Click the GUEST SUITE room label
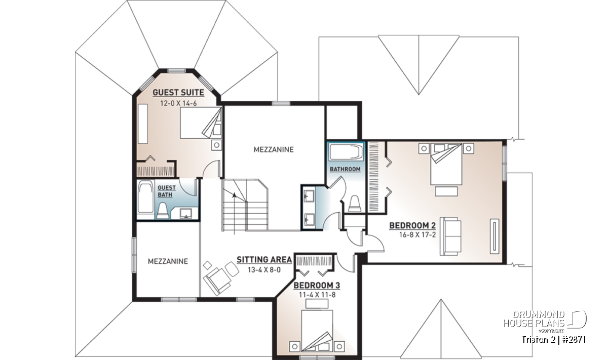[178, 93]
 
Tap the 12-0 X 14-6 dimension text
[178, 103]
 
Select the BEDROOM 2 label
[412, 225]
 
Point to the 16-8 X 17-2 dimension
[417, 235]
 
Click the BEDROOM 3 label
[317, 286]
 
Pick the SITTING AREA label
[264, 260]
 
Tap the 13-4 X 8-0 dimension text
[264, 270]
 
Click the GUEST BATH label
[166, 191]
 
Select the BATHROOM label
[345, 169]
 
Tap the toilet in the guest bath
[163, 211]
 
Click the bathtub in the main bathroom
[346, 152]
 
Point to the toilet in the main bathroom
[355, 204]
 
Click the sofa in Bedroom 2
[450, 236]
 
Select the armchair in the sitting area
[217, 281]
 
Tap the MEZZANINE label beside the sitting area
[168, 261]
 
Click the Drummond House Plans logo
[545, 321]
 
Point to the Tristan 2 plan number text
[554, 340]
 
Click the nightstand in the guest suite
[217, 145]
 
